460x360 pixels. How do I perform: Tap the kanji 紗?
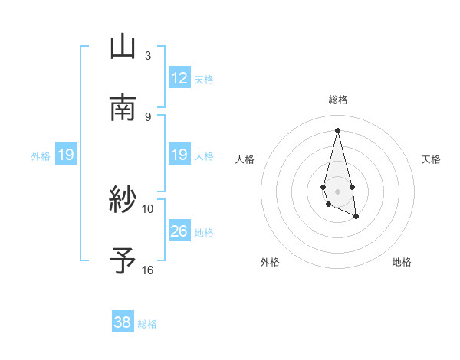pos(123,201)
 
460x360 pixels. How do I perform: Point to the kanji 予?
pos(123,261)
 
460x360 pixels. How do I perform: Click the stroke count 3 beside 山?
pos(148,56)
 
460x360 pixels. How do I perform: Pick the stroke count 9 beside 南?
pos(148,116)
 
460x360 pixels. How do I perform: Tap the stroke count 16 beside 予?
pos(148,270)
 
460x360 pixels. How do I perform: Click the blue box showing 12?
pos(179,78)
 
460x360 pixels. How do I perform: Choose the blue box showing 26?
pos(179,231)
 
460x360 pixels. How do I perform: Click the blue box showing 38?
pos(122,322)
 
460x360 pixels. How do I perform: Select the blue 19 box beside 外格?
pos(65,155)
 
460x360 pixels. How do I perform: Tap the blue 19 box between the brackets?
pos(179,155)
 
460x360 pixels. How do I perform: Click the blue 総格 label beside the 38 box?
pos(147,324)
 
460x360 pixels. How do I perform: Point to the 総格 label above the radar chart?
pos(338,100)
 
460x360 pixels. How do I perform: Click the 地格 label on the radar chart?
pos(402,262)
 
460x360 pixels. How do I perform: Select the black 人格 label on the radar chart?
pos(245,159)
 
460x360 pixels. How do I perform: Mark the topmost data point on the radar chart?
pos(337,129)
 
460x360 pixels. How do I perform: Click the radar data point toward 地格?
pos(357,218)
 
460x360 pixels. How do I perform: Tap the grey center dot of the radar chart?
pos(337,191)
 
